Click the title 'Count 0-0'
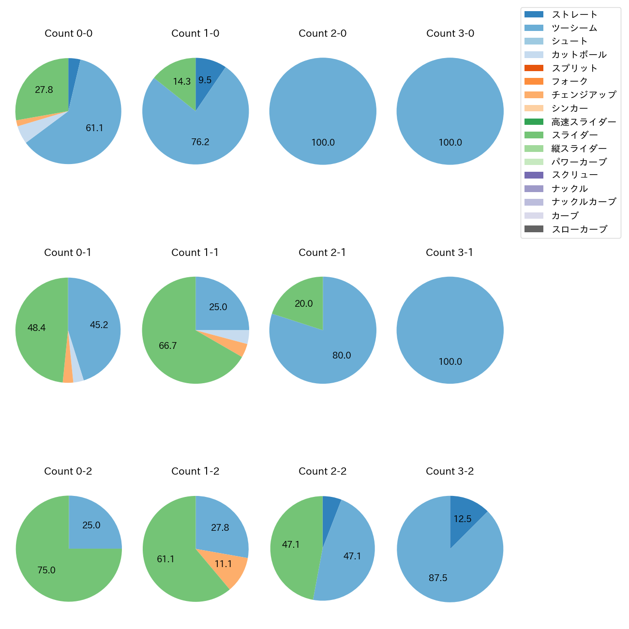(x=68, y=33)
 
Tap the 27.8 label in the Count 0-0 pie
(x=44, y=90)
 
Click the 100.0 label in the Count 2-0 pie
(x=323, y=143)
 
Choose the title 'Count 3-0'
(x=450, y=33)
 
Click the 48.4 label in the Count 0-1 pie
(x=36, y=328)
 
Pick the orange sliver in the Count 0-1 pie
(x=68, y=377)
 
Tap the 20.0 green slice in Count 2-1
(x=302, y=302)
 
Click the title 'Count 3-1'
(x=449, y=253)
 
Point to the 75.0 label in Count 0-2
(x=46, y=570)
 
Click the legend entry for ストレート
(x=574, y=15)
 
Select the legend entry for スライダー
(x=574, y=135)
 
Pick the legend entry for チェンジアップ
(x=584, y=95)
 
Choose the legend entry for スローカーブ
(x=579, y=229)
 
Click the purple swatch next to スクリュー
(x=534, y=175)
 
